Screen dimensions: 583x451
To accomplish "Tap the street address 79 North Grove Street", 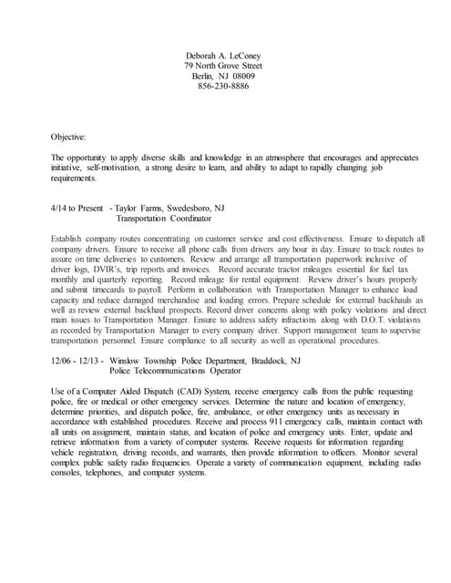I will (223, 66).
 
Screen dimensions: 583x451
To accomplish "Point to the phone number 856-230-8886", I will (223, 86).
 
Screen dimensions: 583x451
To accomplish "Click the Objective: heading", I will (68, 137).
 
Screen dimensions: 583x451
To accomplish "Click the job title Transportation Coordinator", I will (164, 219).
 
